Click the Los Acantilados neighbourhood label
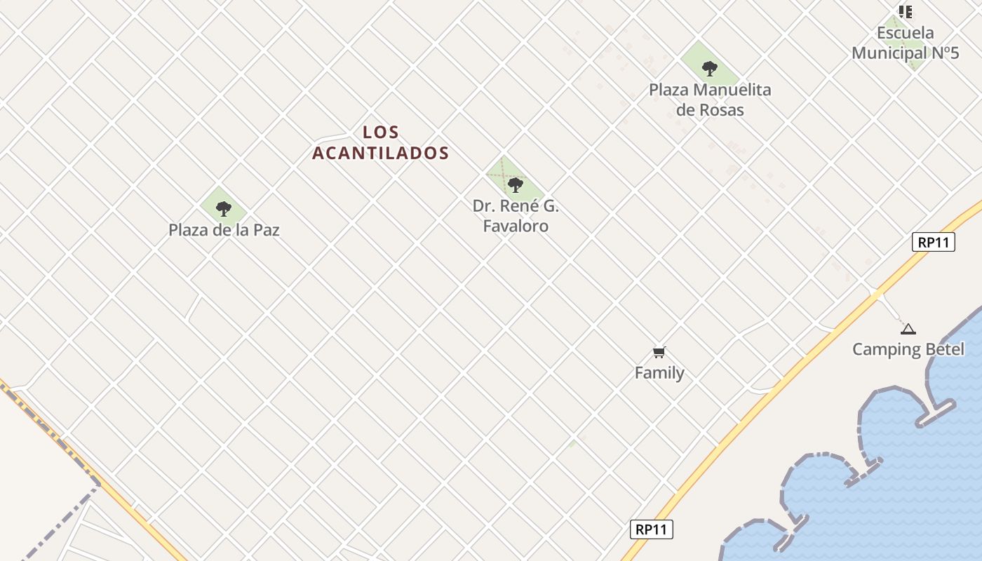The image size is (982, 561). coord(380,142)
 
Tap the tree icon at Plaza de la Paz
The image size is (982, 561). coord(224,208)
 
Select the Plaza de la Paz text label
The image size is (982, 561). coord(224,230)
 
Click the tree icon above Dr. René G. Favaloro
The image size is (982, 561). coord(516,185)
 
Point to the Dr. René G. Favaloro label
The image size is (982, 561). coord(516,216)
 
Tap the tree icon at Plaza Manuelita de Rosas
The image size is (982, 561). coord(710,69)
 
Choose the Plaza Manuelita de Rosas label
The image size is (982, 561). coord(710,100)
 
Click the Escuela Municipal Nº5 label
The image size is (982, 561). coord(906,43)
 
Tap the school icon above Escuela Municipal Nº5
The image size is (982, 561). coord(906,11)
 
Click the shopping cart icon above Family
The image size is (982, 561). coord(659,352)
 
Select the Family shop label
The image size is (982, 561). coord(659,373)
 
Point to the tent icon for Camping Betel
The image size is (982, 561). coord(908,329)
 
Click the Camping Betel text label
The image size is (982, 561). coord(908,349)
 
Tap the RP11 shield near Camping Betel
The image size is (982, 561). coord(934,243)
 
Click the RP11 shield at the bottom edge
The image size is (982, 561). coord(651,529)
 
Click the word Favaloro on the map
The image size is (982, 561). coord(516,227)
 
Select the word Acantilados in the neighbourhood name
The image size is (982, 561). coord(380,153)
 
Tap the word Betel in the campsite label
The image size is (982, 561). coord(945,349)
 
